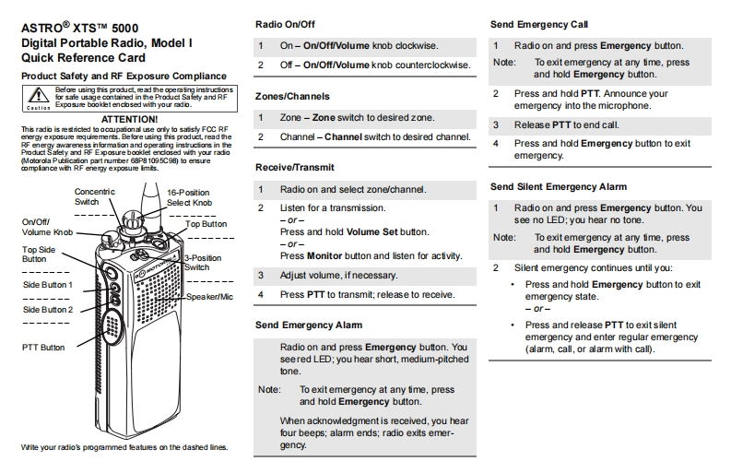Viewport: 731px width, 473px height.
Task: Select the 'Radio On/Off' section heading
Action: pos(287,25)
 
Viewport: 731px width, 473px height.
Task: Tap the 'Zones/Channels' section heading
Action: pos(291,96)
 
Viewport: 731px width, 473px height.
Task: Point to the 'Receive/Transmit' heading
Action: pos(294,167)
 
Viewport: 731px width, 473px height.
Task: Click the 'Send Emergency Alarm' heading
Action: pos(308,325)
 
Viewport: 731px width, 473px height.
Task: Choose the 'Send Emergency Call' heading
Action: pos(539,24)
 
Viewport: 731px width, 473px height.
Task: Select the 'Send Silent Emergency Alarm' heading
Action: pos(559,187)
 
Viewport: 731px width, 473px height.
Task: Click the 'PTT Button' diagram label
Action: pos(43,348)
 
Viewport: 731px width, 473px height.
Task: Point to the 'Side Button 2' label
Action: pos(48,309)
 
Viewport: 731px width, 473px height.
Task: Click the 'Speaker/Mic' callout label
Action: pos(210,297)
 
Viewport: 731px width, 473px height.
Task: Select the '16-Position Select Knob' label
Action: pos(189,196)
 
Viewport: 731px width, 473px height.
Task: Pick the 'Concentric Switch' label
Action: pos(93,196)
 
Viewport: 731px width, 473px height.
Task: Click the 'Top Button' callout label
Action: pos(206,223)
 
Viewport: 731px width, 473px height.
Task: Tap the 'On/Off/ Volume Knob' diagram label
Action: pos(46,227)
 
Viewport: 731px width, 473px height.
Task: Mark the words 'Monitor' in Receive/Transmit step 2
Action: pos(325,255)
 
